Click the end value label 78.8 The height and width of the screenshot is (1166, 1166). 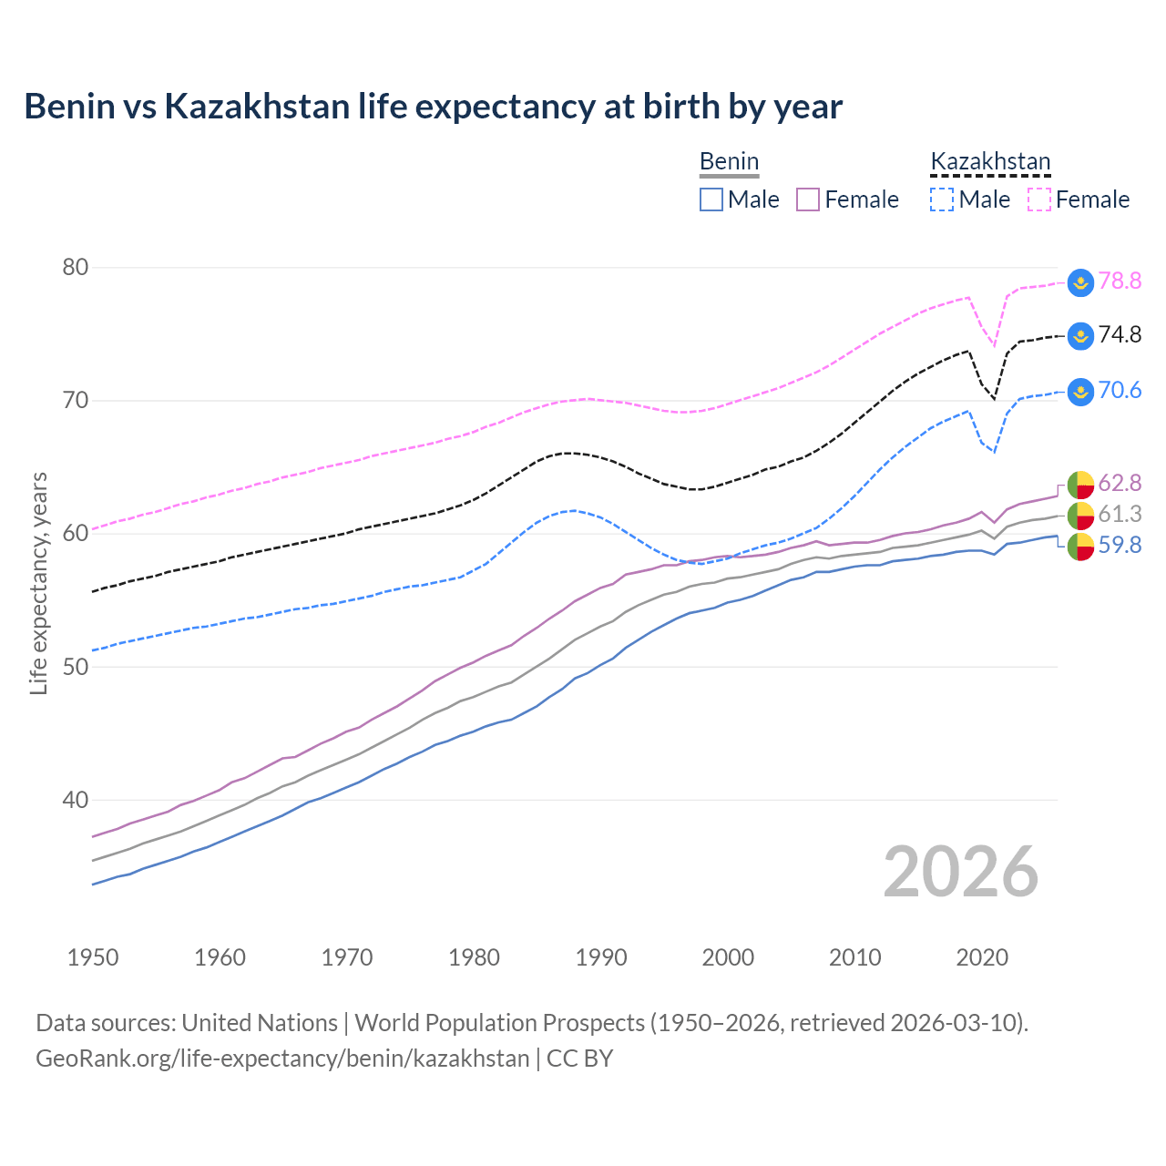coord(1120,281)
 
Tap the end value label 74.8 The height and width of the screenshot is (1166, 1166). coord(1120,334)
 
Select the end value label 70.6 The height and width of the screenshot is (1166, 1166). coord(1120,390)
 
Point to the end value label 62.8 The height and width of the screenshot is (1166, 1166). coord(1120,482)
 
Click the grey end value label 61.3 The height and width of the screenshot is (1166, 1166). coord(1120,514)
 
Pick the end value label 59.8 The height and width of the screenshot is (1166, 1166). coord(1120,545)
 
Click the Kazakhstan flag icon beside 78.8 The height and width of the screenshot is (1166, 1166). coord(1080,282)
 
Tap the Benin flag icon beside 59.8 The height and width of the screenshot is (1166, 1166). coord(1080,547)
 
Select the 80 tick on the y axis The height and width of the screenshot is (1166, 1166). coord(76,267)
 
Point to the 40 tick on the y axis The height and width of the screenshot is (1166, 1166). coord(76,800)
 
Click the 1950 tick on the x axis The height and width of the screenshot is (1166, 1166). coord(93,957)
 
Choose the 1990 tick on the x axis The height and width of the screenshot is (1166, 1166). coord(601,957)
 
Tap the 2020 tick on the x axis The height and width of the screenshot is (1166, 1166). coord(982,957)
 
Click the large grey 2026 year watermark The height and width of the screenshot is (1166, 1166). coord(961,872)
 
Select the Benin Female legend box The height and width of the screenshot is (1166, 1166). coord(808,199)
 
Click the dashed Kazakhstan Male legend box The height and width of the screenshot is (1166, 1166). coord(942,199)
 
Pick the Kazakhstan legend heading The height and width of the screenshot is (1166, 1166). coord(990,162)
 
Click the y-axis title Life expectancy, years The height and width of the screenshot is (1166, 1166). coord(38,583)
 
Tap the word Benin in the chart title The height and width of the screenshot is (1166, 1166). coord(69,107)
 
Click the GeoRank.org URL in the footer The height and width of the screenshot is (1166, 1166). coord(282,1059)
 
